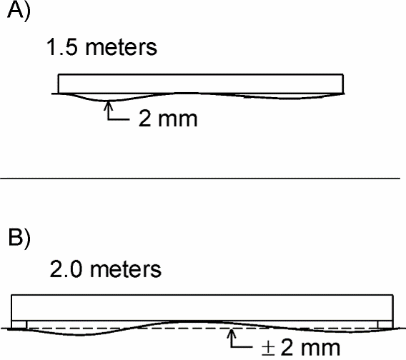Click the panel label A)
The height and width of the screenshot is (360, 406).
click(x=19, y=10)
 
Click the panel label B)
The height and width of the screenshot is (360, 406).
click(x=19, y=237)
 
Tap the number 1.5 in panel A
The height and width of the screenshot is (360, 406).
click(x=62, y=47)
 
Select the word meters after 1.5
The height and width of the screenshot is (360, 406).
click(x=122, y=48)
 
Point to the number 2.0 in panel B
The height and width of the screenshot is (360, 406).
click(x=66, y=269)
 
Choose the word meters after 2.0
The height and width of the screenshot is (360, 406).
click(x=126, y=270)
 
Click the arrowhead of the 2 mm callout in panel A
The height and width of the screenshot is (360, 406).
click(x=109, y=104)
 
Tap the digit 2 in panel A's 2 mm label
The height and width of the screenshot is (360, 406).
click(x=144, y=119)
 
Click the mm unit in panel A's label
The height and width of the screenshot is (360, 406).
click(x=177, y=120)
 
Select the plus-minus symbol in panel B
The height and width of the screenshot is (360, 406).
click(x=268, y=348)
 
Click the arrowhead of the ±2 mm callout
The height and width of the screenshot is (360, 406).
click(x=232, y=332)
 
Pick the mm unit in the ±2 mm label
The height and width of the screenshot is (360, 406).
click(x=320, y=349)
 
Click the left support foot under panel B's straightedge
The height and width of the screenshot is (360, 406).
click(x=19, y=324)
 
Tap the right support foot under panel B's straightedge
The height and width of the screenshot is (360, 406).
click(x=385, y=324)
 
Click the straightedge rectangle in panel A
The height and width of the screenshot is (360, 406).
click(x=201, y=84)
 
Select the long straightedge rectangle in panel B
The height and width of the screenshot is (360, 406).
click(x=202, y=308)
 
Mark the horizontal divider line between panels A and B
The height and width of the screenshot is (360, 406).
click(x=200, y=178)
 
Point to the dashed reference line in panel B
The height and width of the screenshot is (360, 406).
click(x=202, y=328)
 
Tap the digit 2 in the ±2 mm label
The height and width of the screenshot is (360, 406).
click(x=287, y=347)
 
